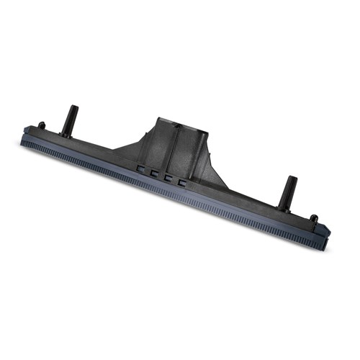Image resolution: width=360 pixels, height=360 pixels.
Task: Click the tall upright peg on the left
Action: [70, 121]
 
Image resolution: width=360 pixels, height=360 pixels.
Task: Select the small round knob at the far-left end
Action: [41, 126]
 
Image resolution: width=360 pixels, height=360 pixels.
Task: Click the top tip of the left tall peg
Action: [74, 109]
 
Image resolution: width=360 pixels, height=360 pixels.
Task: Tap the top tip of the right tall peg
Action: [292, 179]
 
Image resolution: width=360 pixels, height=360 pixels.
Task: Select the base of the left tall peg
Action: [66, 133]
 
